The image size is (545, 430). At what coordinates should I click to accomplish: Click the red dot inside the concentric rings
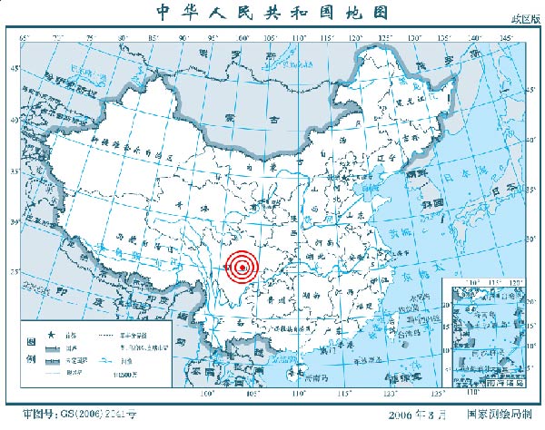[x=243, y=268]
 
